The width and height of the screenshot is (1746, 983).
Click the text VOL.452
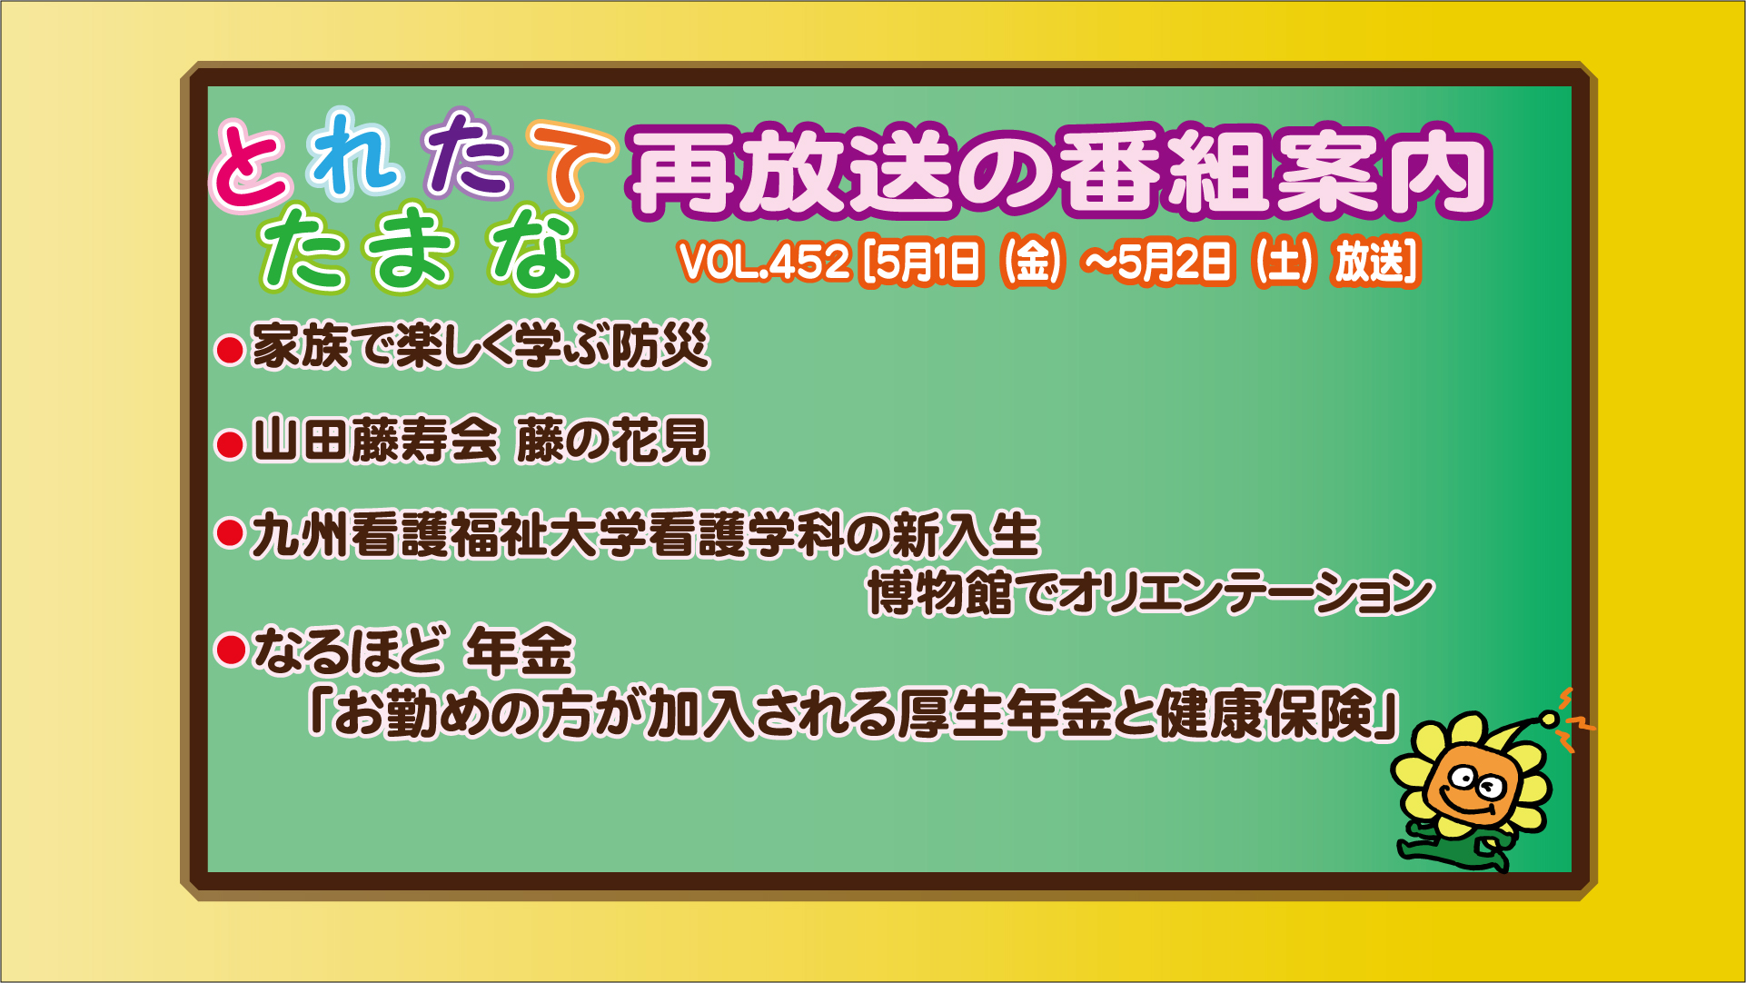(x=764, y=262)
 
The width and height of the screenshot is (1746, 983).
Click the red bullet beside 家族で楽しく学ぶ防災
(x=230, y=350)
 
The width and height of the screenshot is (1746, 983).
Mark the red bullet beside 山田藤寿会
(x=230, y=444)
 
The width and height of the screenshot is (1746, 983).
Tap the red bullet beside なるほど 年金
(x=230, y=650)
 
